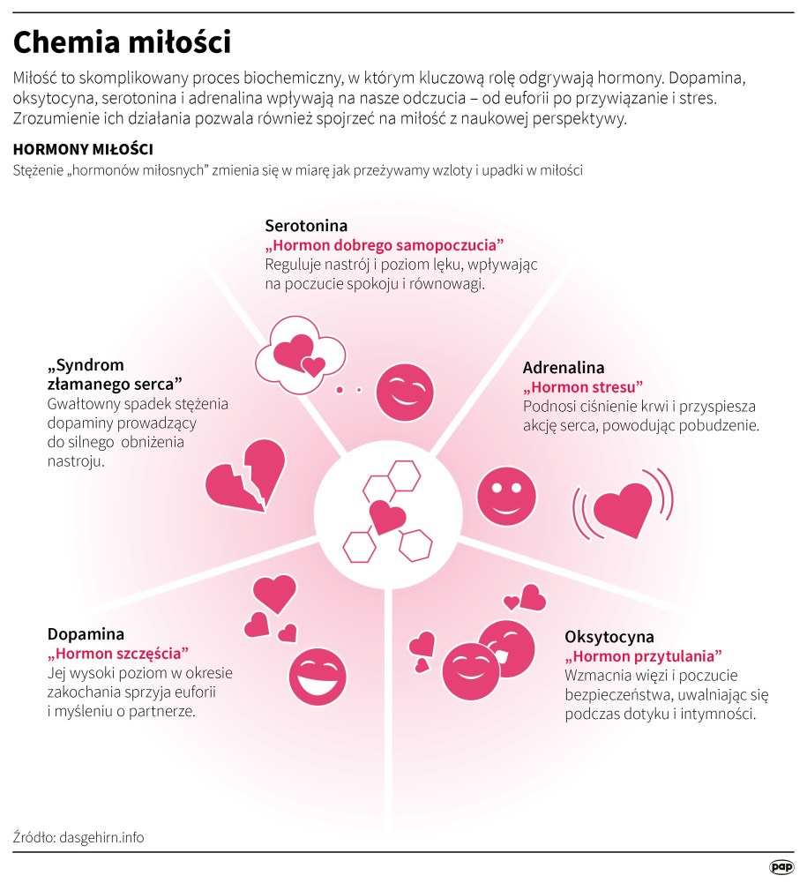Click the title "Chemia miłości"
(x=122, y=42)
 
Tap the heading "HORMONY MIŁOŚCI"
(x=84, y=149)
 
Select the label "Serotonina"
(x=306, y=226)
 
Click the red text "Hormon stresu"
(x=583, y=387)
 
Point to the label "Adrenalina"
(x=564, y=368)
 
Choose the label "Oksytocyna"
(x=609, y=636)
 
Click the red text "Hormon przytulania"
(x=643, y=656)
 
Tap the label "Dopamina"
(x=86, y=633)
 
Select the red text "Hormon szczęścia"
(x=118, y=654)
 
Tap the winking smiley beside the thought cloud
(x=405, y=391)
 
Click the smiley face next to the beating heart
(x=506, y=494)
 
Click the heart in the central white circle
(x=387, y=517)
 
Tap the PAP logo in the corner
(x=781, y=867)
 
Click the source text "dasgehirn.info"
(x=101, y=837)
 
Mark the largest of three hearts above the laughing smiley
(x=275, y=593)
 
